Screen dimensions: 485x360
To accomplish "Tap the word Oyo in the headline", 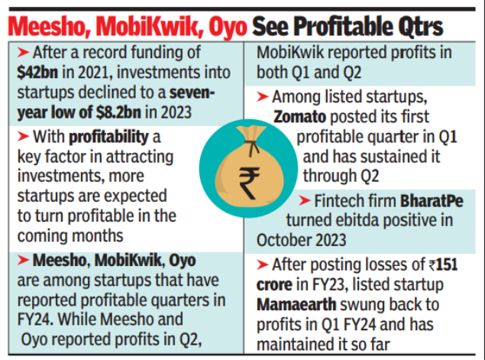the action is click(228, 28).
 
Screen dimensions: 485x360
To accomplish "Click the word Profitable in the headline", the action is click(344, 27).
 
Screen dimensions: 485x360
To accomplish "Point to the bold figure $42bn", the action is click(37, 72).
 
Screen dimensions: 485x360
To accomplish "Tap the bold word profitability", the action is click(108, 138).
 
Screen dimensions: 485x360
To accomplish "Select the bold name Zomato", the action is click(299, 117).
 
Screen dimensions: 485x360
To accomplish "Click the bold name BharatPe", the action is click(432, 201).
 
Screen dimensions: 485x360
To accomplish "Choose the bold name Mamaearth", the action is click(296, 304).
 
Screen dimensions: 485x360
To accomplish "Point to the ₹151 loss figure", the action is click(443, 264).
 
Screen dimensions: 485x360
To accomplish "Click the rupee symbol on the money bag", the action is click(249, 183).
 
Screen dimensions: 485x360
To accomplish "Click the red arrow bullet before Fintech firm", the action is click(305, 201).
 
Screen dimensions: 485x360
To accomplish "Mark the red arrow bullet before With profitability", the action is click(23, 136).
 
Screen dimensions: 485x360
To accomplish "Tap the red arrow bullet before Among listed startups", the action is click(263, 97).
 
